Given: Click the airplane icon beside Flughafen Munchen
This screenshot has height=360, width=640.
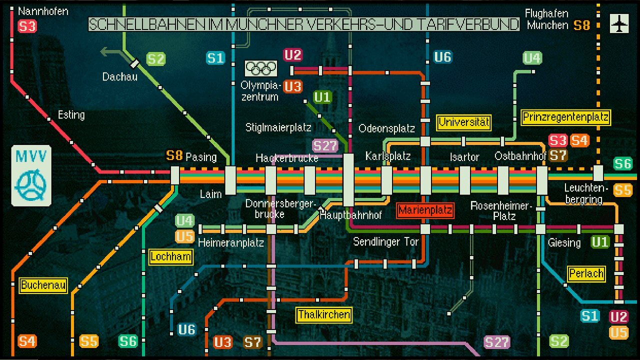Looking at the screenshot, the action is (619, 23).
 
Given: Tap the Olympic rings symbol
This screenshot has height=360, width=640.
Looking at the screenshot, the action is (261, 68).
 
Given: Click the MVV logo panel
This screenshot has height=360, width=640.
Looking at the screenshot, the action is (31, 175).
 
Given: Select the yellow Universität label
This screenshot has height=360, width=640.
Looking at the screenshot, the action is (464, 122).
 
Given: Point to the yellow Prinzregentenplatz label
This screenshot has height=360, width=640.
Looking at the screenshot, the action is (566, 117).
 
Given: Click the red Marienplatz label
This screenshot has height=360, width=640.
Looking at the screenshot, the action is (425, 210).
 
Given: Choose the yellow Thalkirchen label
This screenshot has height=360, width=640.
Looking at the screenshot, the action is (324, 315).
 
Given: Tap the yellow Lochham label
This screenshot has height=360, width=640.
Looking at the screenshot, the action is (171, 257).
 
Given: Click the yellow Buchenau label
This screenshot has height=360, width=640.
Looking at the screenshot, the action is (43, 285).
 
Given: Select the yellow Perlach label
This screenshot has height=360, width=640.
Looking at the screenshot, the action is (586, 274).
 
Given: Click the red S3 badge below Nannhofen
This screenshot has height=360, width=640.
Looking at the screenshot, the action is (27, 26).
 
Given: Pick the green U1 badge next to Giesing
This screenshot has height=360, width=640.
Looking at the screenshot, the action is (600, 242).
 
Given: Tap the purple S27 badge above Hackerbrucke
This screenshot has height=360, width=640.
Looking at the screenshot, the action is (325, 146).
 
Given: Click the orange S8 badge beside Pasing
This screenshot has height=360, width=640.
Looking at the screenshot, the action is (174, 155).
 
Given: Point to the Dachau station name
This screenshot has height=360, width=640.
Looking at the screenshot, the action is (120, 77).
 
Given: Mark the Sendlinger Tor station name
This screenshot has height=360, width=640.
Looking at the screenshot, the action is (385, 242).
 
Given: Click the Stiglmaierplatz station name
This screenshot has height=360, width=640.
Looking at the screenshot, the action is (278, 127).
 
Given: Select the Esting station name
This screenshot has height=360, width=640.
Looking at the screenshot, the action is (71, 115).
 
